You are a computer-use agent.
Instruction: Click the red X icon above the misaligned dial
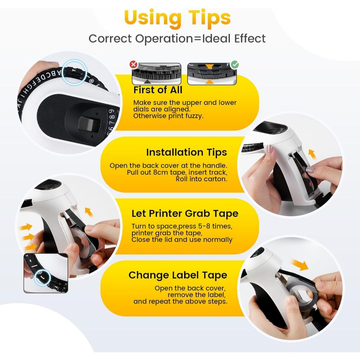click(133, 65)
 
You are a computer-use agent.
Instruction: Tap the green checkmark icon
click(234, 65)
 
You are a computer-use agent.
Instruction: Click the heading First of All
click(158, 90)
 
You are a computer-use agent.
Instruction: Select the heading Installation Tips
click(186, 153)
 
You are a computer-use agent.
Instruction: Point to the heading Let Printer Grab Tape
click(185, 214)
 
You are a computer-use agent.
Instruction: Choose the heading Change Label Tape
click(178, 275)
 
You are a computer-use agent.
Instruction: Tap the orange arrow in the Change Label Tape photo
click(300, 265)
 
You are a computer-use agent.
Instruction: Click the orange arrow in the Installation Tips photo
click(312, 154)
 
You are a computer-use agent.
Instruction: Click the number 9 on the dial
click(111, 111)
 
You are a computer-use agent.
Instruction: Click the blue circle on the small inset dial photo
click(43, 277)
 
